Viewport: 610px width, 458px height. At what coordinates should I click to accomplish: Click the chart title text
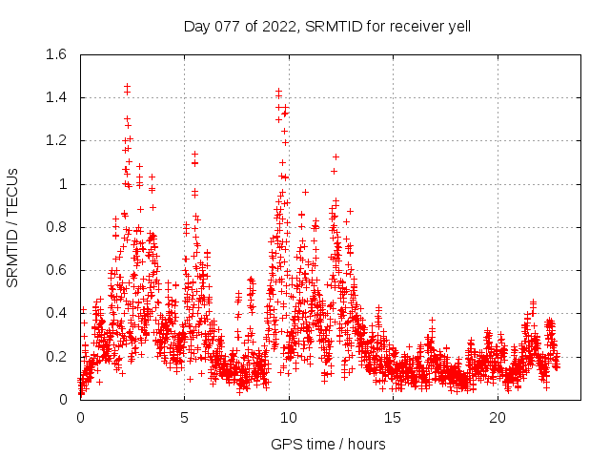[x=327, y=26]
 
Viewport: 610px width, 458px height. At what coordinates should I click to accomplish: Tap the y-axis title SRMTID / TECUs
[x=13, y=226]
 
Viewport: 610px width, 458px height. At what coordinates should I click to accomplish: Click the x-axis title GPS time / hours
[x=327, y=444]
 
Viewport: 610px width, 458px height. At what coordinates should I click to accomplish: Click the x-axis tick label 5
[x=185, y=418]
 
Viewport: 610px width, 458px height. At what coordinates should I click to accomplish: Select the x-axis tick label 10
[x=289, y=418]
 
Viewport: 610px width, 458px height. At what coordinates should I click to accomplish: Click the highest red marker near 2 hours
[x=127, y=86]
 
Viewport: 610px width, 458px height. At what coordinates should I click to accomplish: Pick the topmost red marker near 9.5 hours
[x=278, y=91]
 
